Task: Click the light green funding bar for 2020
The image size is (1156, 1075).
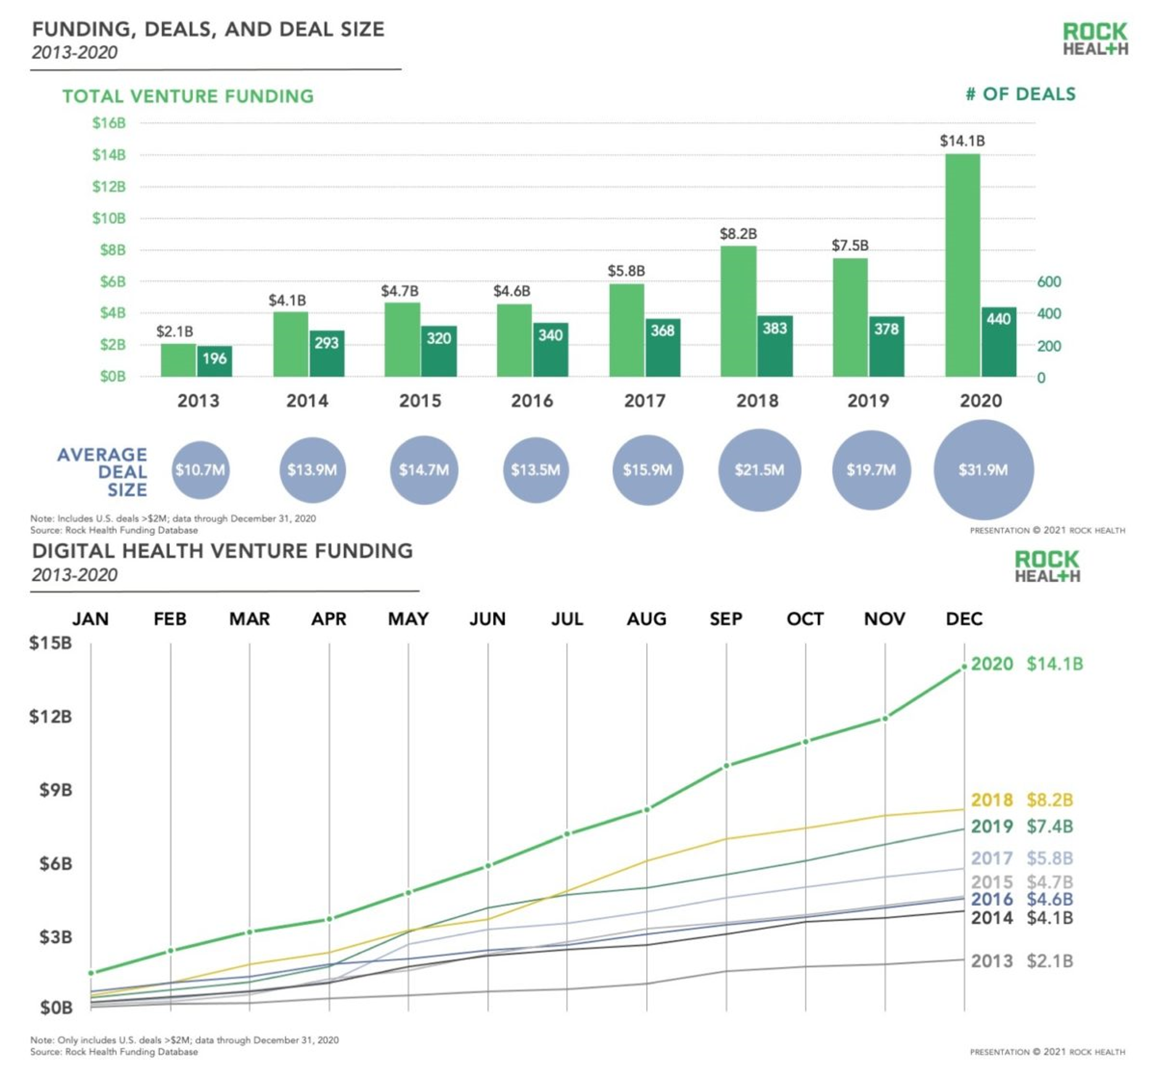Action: point(962,265)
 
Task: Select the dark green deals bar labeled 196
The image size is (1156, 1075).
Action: point(215,361)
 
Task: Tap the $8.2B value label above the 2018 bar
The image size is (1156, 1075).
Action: point(738,234)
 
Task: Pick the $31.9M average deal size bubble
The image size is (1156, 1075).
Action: point(983,470)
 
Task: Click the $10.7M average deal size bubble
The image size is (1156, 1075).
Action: point(200,470)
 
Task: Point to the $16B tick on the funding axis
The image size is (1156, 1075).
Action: point(109,123)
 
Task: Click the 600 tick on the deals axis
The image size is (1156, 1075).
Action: point(1049,282)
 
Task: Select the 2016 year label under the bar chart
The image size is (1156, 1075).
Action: point(532,401)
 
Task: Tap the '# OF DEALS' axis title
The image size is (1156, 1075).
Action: point(1020,94)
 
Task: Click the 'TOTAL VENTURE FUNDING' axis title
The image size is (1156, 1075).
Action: point(188,96)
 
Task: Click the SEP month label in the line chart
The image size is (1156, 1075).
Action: point(726,619)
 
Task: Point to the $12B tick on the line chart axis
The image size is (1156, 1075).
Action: point(51,716)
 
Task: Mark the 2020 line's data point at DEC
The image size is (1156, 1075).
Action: point(964,667)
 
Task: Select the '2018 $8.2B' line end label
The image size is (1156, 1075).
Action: point(1022,800)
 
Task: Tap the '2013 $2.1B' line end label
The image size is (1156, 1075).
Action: point(1022,961)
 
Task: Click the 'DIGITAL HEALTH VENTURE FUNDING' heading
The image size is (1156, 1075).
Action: point(223,551)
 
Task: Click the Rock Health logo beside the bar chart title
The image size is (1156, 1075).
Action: point(1095,39)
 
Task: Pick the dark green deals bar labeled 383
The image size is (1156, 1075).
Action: point(775,346)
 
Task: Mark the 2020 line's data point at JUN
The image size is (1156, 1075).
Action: point(488,866)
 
